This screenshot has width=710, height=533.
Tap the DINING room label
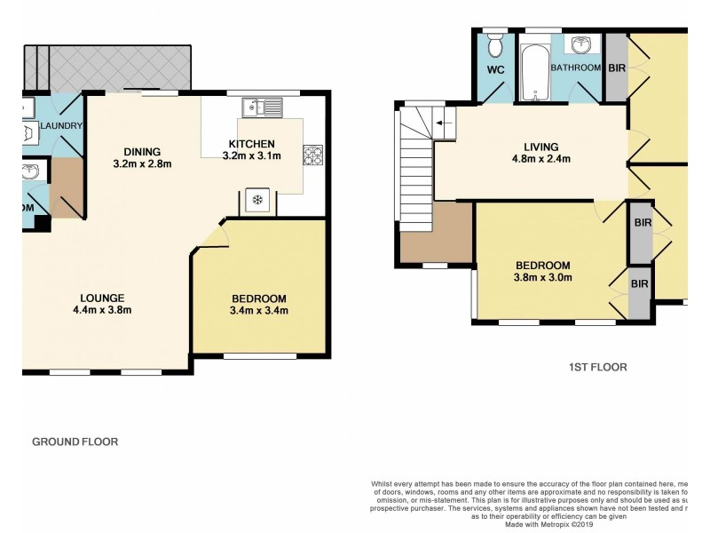(142, 152)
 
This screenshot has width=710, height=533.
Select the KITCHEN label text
(251, 144)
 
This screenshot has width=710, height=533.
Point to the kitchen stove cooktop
(314, 155)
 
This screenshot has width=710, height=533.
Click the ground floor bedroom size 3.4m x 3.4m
(258, 310)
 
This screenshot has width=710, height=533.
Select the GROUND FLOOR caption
(75, 442)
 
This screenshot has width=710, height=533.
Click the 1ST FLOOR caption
(597, 366)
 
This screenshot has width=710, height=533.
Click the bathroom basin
(583, 44)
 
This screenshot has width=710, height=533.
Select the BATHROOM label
(575, 67)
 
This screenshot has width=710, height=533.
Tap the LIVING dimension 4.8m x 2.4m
(540, 160)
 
